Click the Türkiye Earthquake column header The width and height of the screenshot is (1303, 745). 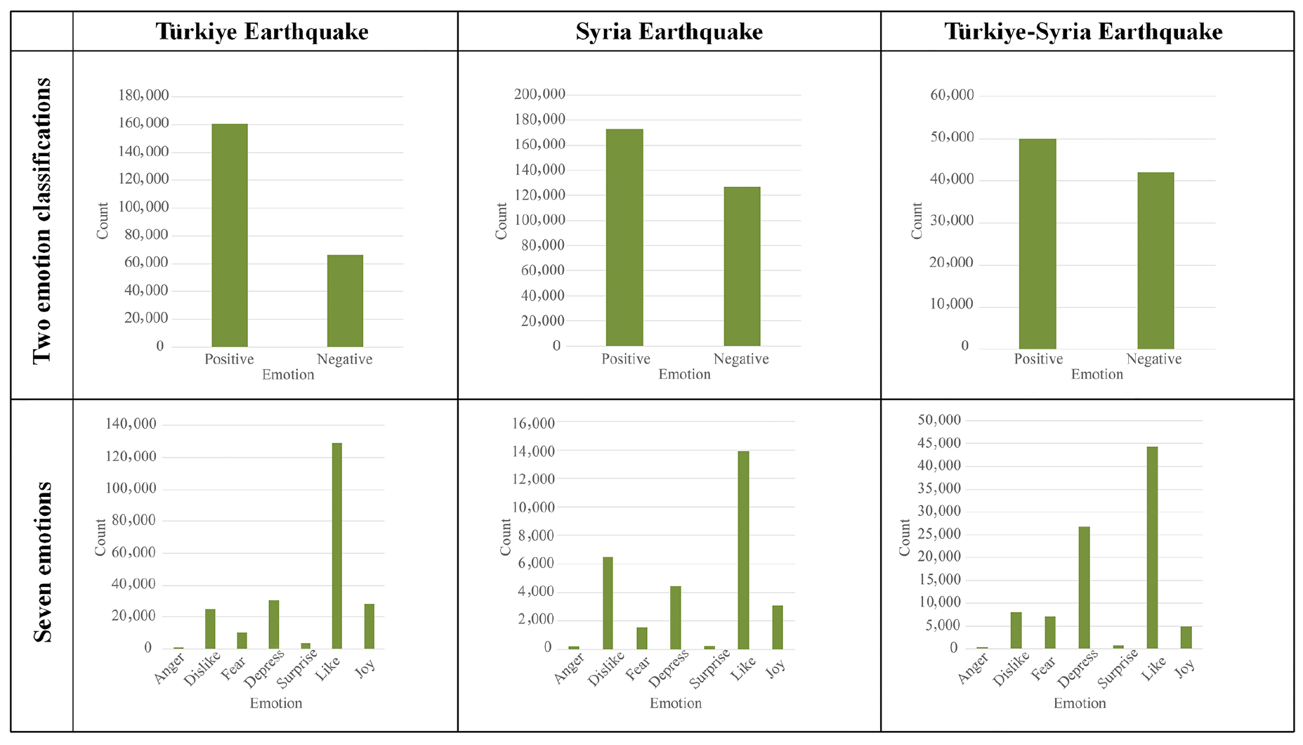(262, 32)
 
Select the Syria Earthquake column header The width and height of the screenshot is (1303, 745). (669, 32)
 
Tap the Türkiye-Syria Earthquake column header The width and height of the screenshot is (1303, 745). (1083, 32)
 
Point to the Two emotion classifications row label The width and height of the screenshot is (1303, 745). (42, 221)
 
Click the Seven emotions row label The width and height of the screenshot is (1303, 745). (42, 562)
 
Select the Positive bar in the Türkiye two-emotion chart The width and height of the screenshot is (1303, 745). (230, 235)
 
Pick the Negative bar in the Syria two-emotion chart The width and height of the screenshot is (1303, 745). (742, 266)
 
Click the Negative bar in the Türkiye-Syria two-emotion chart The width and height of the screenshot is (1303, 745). (1155, 261)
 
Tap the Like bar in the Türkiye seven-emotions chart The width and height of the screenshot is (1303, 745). (337, 545)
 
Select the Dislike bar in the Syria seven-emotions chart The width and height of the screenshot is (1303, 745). (608, 602)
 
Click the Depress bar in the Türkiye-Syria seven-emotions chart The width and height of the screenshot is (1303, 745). (1084, 588)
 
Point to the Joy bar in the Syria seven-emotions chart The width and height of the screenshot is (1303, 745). (777, 627)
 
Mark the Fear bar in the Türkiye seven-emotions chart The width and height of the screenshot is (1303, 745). (242, 640)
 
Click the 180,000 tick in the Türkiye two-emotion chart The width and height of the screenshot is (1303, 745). (143, 96)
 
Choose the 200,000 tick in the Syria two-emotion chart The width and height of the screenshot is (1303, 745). (539, 94)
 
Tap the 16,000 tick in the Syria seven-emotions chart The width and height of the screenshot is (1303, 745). (533, 423)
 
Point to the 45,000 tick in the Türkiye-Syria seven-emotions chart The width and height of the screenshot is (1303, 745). (939, 443)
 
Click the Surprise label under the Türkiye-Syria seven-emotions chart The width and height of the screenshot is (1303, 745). (1118, 668)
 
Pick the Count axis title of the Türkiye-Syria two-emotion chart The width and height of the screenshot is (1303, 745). (917, 221)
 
